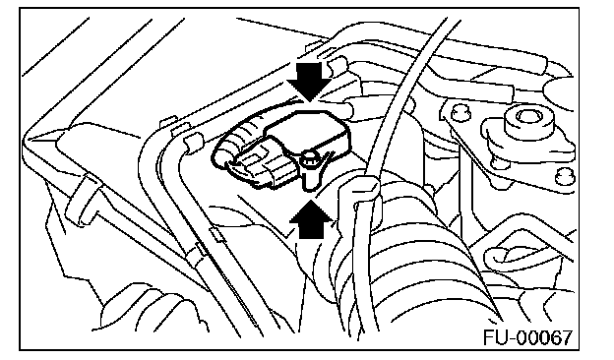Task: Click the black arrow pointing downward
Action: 310,81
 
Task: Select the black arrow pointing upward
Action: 311,219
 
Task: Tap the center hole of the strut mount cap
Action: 527,116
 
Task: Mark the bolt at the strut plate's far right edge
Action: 564,175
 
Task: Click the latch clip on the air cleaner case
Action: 81,200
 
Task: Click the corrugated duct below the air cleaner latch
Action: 149,309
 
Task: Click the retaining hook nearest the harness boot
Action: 192,143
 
